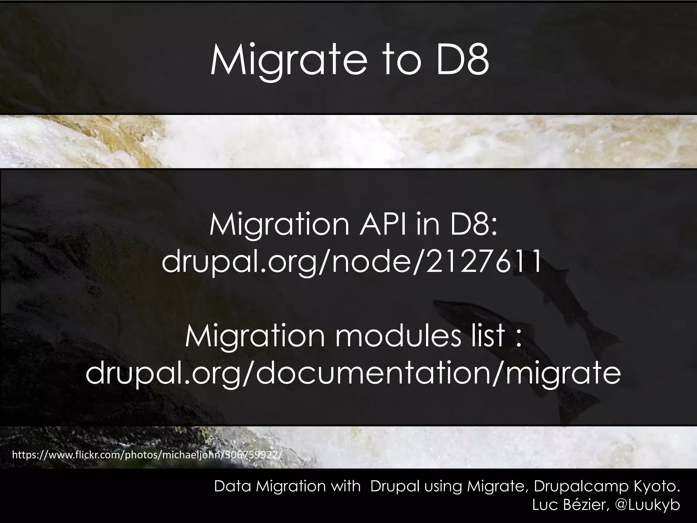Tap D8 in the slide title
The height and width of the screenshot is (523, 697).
462,61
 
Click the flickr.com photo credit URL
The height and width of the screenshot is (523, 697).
147,455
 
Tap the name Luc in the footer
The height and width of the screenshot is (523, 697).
543,505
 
